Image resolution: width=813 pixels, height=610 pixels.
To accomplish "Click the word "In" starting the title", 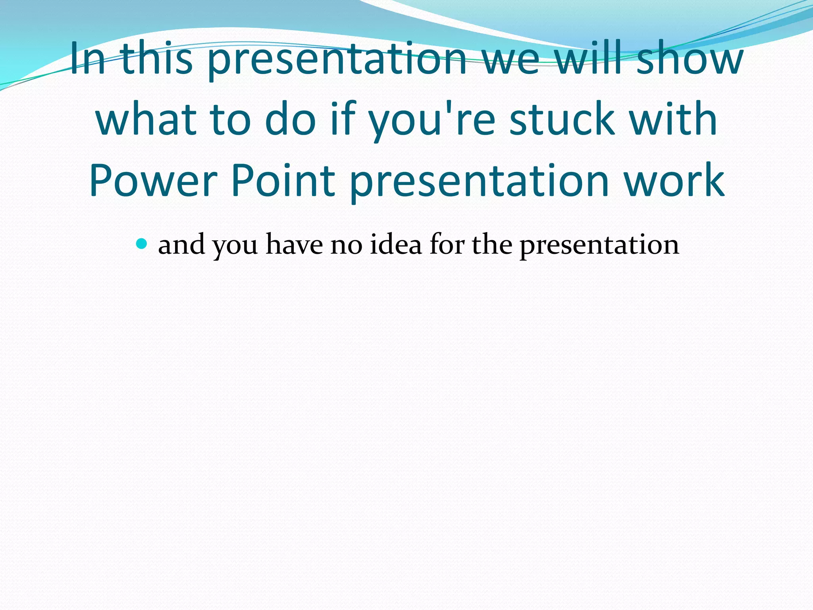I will click(88, 60).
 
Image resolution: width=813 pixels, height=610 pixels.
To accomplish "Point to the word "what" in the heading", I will click(146, 119).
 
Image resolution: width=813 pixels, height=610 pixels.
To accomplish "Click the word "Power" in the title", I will click(153, 181).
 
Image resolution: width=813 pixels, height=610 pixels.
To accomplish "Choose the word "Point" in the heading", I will click(283, 181).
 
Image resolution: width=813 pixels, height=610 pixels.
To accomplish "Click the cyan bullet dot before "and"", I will click(141, 243).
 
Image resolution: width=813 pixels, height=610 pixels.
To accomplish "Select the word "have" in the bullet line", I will click(294, 245).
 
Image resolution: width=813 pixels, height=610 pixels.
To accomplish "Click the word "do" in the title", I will click(290, 119).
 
